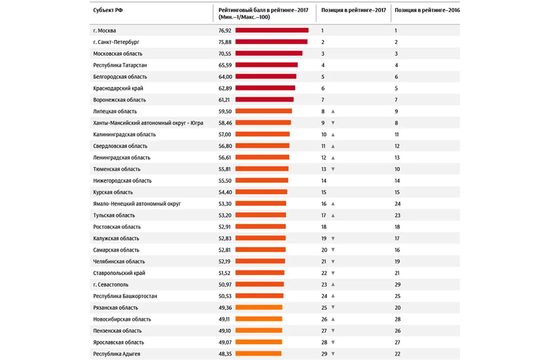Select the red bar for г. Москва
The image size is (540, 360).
pyautogui.click(x=272, y=30)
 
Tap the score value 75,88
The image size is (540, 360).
pyautogui.click(x=225, y=42)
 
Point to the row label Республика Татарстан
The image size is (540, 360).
pyautogui.click(x=120, y=65)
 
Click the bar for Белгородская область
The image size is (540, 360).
pyautogui.click(x=266, y=77)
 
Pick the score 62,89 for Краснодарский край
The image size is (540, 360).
pyautogui.click(x=225, y=88)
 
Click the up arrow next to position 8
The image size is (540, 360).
pyautogui.click(x=333, y=111)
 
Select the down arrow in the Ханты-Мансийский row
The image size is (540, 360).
pyautogui.click(x=333, y=123)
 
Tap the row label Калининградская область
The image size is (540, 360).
pyautogui.click(x=124, y=135)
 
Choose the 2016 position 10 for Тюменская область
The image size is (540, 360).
pyautogui.click(x=397, y=169)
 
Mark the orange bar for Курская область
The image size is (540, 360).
pyautogui.click(x=261, y=192)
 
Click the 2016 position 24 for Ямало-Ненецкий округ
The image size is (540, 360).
pyautogui.click(x=397, y=204)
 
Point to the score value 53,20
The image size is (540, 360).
pyautogui.click(x=225, y=215)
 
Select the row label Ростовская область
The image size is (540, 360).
pyautogui.click(x=117, y=227)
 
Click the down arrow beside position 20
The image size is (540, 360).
pyautogui.click(x=333, y=250)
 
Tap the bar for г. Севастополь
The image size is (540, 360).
pyautogui.click(x=259, y=284)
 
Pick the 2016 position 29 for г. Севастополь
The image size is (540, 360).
pyautogui.click(x=397, y=284)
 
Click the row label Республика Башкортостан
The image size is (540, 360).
pyautogui.click(x=125, y=296)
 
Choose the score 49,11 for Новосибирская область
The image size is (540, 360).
pyautogui.click(x=225, y=319)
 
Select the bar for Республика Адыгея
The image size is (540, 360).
pyautogui.click(x=258, y=354)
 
